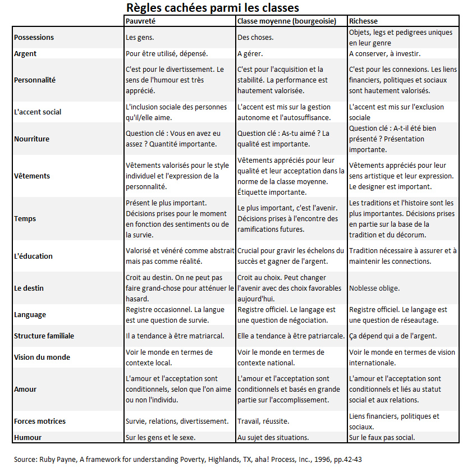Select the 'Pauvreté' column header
(x=140, y=21)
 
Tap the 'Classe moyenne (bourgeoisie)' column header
(x=287, y=21)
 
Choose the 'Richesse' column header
(x=363, y=21)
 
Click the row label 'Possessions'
(x=34, y=38)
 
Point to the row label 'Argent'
(x=25, y=54)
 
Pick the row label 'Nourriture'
(x=32, y=139)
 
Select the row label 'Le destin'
(x=29, y=288)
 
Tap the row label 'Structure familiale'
(x=44, y=336)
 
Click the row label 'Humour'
(x=28, y=437)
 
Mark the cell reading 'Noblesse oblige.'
(x=374, y=288)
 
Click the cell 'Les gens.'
(x=140, y=38)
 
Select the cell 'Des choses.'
(x=255, y=38)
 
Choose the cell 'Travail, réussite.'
(x=263, y=421)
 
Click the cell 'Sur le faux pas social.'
(x=382, y=437)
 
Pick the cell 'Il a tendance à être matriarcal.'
(x=175, y=336)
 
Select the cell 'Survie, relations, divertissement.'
(x=177, y=421)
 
